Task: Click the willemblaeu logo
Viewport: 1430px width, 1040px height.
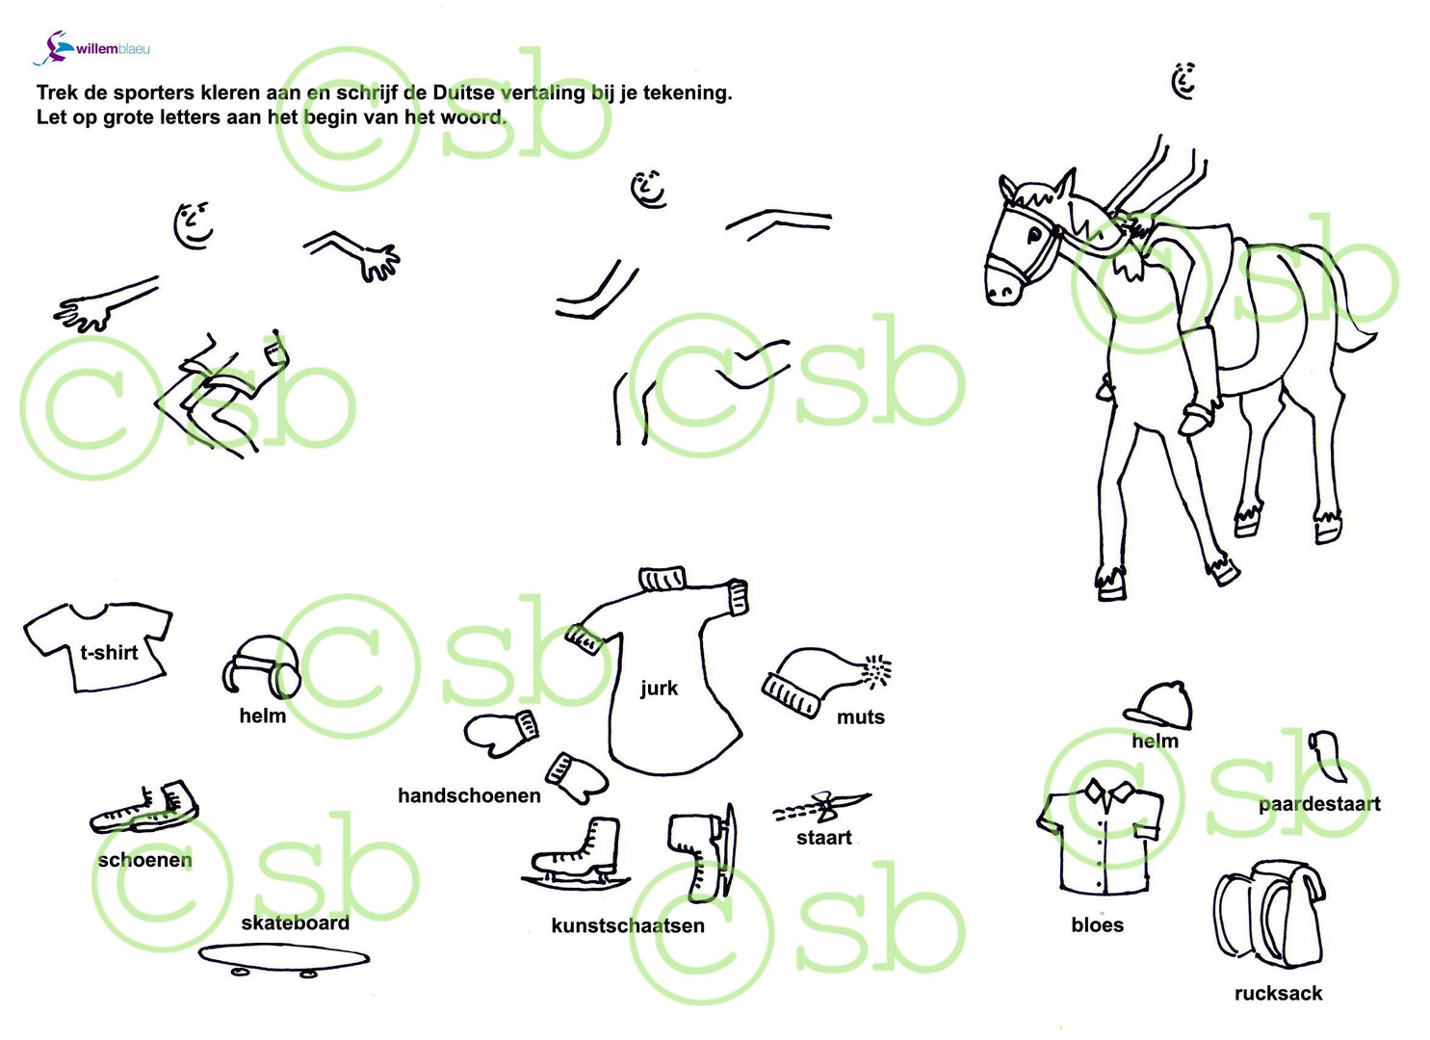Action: (91, 48)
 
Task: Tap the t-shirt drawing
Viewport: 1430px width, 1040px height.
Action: (97, 647)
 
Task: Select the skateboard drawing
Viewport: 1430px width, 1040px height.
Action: (284, 959)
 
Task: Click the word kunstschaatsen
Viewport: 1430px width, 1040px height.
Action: (628, 925)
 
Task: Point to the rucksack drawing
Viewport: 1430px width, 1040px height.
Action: (1267, 916)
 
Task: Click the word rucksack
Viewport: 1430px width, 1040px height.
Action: (1278, 994)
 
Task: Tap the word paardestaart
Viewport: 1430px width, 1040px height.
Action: (1319, 804)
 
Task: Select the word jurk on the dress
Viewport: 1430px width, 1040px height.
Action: (659, 689)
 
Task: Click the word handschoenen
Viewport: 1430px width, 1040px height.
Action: (469, 795)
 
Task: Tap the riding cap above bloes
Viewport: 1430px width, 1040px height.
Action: (1157, 704)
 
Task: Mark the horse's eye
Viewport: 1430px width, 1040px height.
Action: (1033, 236)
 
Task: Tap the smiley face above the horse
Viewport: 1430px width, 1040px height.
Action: (1184, 81)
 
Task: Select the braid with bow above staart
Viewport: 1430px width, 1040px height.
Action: (821, 807)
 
